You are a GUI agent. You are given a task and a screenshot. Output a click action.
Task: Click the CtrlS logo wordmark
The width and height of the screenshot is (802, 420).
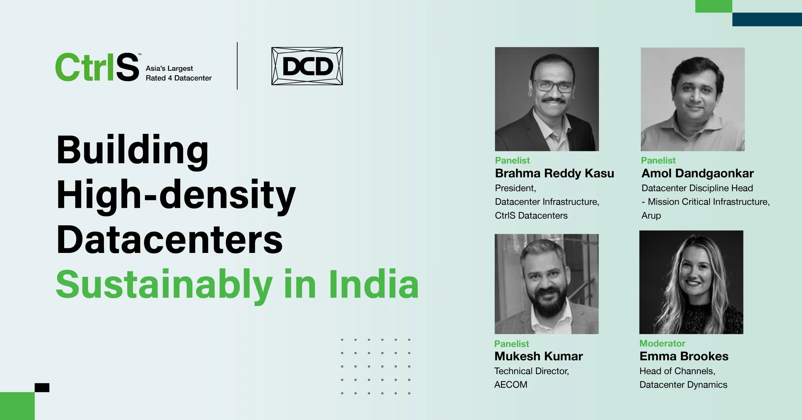point(97,67)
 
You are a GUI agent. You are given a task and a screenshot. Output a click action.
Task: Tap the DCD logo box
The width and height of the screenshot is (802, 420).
point(307,66)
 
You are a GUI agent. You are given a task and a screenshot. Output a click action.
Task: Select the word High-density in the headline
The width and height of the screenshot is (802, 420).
point(176,195)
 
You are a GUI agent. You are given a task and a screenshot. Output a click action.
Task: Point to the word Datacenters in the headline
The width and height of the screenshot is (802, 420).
point(169,240)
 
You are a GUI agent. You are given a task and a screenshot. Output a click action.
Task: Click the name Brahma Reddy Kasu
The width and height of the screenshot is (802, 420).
point(554,173)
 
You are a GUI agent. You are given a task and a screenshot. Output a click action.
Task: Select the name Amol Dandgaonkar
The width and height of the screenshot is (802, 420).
point(697,173)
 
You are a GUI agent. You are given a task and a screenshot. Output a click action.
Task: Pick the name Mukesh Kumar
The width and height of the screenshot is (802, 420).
point(539,356)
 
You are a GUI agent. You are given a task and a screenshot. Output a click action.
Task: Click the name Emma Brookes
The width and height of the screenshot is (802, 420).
point(684,356)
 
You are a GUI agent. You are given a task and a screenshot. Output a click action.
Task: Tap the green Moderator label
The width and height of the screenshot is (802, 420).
point(662,344)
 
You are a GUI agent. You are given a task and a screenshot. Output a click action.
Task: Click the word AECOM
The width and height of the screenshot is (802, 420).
point(511,385)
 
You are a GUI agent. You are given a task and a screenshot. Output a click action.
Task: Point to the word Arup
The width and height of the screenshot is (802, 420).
point(651,216)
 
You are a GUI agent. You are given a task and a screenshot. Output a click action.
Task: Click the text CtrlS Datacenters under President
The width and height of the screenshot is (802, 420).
point(531,216)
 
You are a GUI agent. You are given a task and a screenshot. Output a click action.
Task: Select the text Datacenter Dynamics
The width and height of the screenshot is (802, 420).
point(683,385)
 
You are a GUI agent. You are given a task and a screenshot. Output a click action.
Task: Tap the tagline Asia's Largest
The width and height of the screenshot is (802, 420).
point(169,68)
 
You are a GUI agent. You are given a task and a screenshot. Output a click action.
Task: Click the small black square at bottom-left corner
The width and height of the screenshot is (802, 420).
point(42,388)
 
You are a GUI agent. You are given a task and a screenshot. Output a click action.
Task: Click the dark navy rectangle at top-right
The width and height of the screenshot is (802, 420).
point(767,19)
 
